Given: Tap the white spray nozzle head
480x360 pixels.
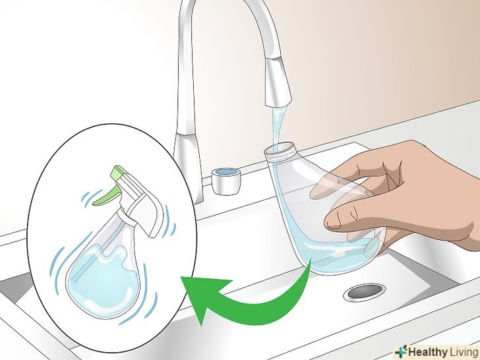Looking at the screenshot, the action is point(141,202).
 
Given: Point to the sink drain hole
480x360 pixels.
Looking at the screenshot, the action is point(364,291).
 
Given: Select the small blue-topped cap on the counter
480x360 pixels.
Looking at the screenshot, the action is point(226,181).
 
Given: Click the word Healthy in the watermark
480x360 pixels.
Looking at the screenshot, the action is point(428,351).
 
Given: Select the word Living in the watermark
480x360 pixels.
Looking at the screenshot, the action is point(464,351).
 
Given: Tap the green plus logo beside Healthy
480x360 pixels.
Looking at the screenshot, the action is point(401,351).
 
